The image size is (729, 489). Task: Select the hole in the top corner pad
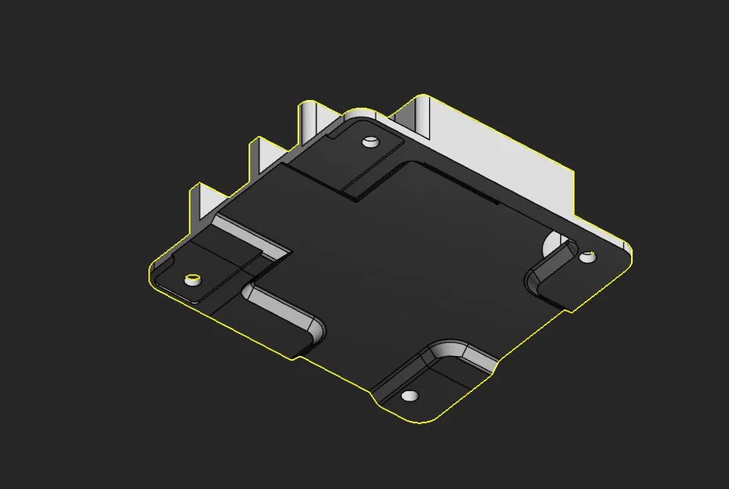click(370, 142)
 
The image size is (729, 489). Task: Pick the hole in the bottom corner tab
click(408, 395)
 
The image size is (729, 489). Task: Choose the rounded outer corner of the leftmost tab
click(153, 278)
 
